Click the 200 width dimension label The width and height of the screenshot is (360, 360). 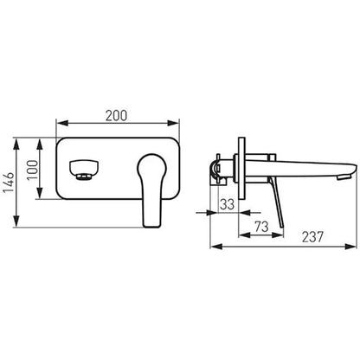(116, 116)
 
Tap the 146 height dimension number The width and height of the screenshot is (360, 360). (9, 183)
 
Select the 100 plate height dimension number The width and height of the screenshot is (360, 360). (32, 170)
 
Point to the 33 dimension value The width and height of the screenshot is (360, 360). (227, 204)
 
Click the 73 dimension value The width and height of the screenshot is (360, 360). (261, 227)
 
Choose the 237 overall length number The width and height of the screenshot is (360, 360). (313, 237)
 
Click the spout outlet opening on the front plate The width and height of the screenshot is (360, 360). (85, 170)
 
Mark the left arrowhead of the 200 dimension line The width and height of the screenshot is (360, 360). (62, 123)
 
